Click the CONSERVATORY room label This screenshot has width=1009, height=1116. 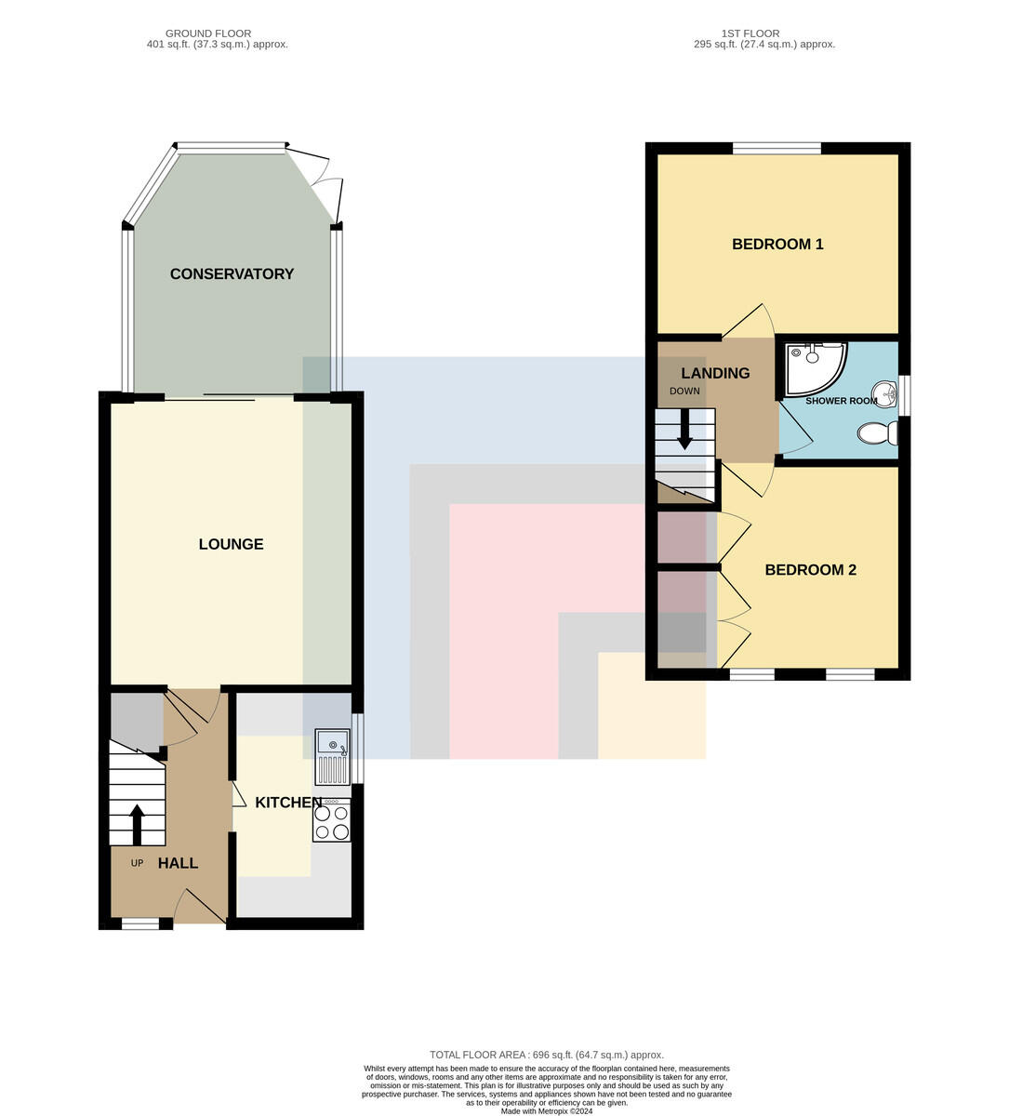[232, 273]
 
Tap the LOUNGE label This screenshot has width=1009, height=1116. [231, 544]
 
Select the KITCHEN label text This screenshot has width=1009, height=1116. [288, 803]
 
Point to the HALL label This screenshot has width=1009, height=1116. [178, 863]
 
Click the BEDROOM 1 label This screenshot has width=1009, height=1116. [777, 245]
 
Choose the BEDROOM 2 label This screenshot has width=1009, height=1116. [810, 570]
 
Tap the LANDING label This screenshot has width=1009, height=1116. [715, 373]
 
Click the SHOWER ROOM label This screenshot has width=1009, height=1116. [841, 401]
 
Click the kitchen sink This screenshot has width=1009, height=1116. [333, 757]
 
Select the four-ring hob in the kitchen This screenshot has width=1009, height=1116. [332, 819]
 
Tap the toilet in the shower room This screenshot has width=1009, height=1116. [878, 432]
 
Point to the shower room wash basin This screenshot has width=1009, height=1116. [885, 394]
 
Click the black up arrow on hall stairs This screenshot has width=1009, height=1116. [137, 825]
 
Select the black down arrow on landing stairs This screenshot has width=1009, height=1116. [684, 430]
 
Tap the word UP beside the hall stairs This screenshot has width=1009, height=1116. [137, 863]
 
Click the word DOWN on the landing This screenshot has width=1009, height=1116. [684, 392]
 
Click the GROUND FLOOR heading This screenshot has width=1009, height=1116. [208, 33]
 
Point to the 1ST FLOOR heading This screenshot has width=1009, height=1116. [750, 33]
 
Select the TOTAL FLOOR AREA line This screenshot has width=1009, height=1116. [547, 1055]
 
